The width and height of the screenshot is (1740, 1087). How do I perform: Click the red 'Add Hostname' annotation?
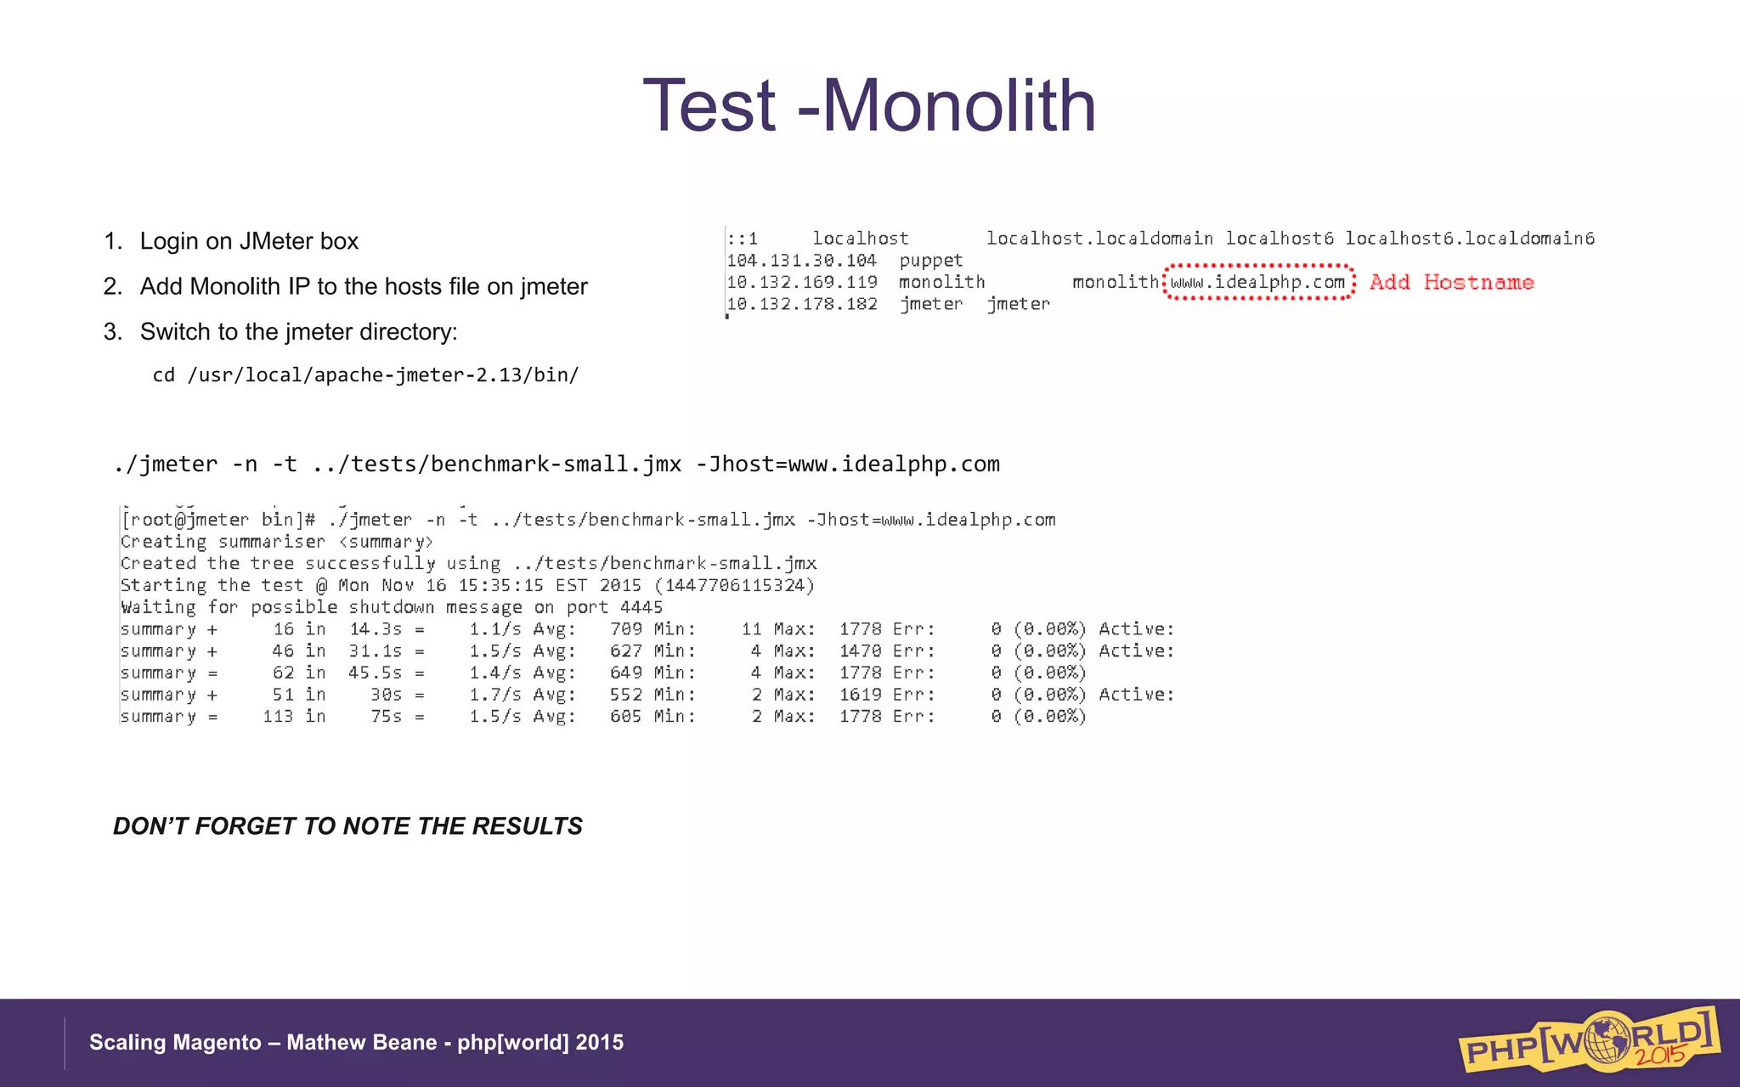[x=1451, y=283]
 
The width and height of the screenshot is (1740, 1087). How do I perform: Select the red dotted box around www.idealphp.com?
[x=1257, y=282]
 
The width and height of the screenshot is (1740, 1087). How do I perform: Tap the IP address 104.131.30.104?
[x=801, y=261]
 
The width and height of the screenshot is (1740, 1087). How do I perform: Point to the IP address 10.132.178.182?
[x=801, y=304]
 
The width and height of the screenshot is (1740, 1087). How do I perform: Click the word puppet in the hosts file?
[x=930, y=261]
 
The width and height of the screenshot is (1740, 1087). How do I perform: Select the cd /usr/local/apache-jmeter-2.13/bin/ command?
[x=365, y=375]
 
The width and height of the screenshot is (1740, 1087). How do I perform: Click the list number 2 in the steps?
[x=112, y=286]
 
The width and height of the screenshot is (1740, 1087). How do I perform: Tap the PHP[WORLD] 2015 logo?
[x=1589, y=1039]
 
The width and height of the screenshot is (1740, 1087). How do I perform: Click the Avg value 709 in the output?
[x=625, y=629]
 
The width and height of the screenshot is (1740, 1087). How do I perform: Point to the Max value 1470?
[x=860, y=651]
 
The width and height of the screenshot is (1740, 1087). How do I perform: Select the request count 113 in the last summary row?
[x=278, y=717]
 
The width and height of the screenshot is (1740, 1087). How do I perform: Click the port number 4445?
[x=641, y=607]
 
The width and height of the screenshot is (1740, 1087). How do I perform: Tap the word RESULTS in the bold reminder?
[x=527, y=826]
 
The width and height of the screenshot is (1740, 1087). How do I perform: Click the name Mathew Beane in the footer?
[x=361, y=1043]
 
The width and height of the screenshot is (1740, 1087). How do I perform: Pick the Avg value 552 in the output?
[x=625, y=695]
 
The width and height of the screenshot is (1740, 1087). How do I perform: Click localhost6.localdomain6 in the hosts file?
[x=1470, y=239]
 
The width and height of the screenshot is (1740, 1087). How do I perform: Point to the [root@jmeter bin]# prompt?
[x=218, y=520]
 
